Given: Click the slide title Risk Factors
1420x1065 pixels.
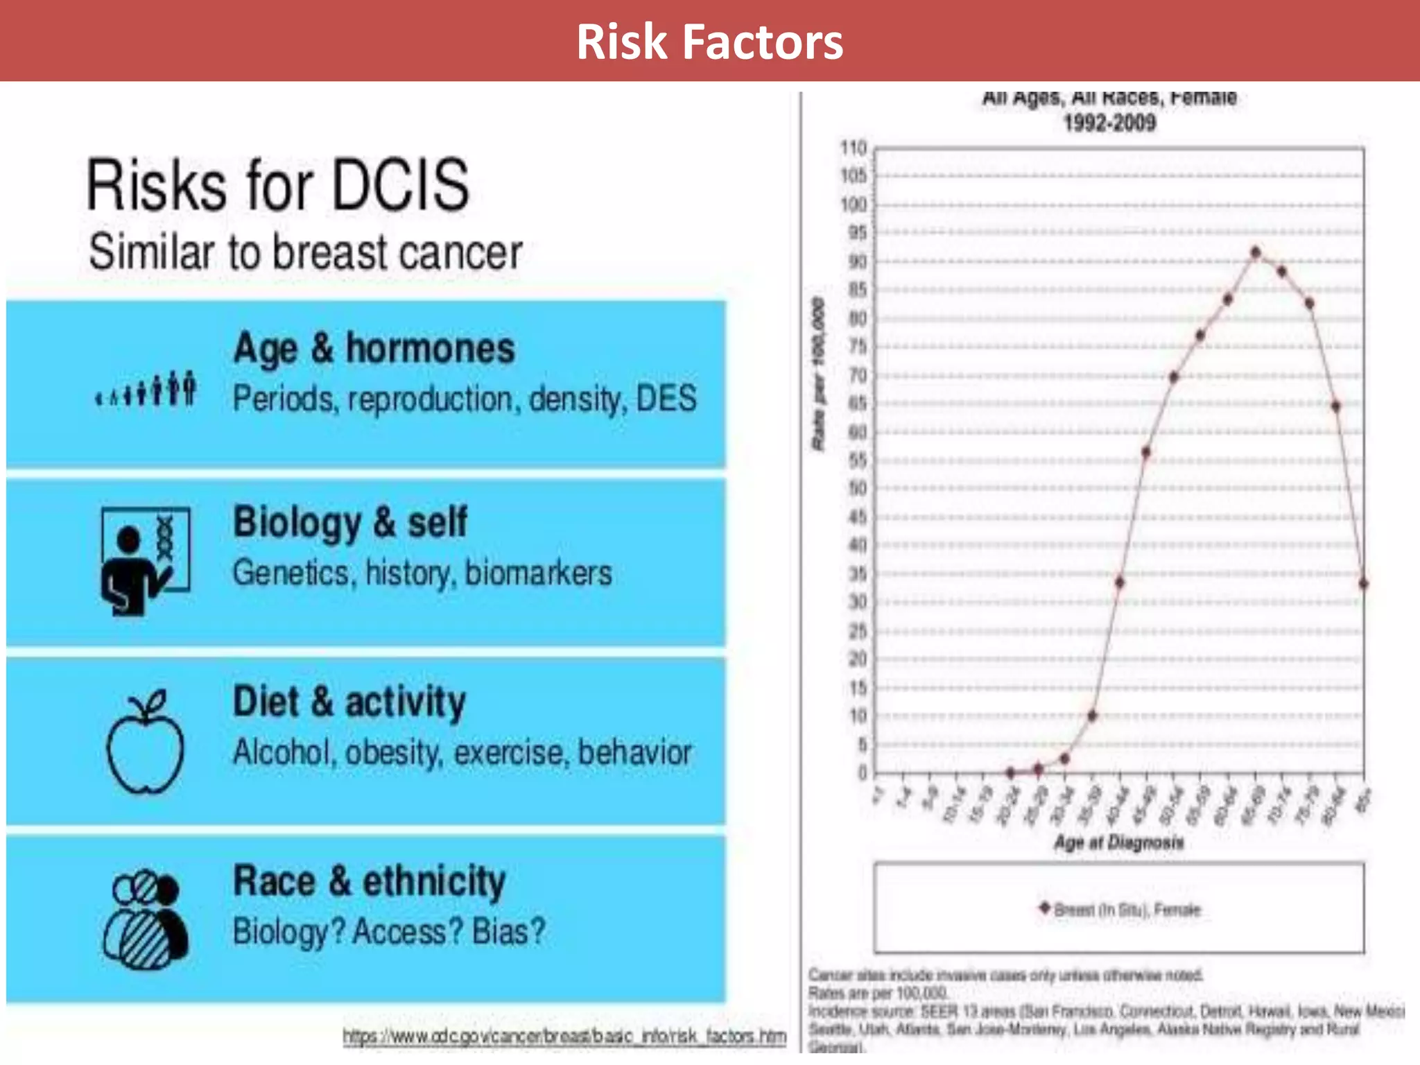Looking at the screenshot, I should pyautogui.click(x=709, y=42).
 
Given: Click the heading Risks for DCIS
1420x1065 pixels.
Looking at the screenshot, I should pyautogui.click(x=277, y=185).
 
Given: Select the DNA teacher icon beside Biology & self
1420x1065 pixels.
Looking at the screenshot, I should pyautogui.click(x=145, y=561).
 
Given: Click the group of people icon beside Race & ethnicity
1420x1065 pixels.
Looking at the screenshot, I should pyautogui.click(x=146, y=919).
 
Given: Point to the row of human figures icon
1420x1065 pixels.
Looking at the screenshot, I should pyautogui.click(x=146, y=389).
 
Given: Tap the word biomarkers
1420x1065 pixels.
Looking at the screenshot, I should pyautogui.click(x=538, y=573).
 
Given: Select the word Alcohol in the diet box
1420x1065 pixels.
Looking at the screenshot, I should pyautogui.click(x=282, y=753).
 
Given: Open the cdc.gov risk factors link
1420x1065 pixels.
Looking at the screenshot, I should pyautogui.click(x=564, y=1037).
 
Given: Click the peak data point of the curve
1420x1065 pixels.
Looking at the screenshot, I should pyautogui.click(x=1256, y=253).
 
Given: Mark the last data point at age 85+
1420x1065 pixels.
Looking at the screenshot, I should pyautogui.click(x=1363, y=584).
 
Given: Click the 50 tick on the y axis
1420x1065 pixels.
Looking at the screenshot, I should pyautogui.click(x=858, y=489).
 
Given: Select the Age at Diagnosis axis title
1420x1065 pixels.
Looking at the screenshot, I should pyautogui.click(x=1118, y=842).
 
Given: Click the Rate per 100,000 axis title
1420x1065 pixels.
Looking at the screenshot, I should pyautogui.click(x=819, y=374).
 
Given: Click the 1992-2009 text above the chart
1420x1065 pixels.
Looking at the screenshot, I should pyautogui.click(x=1109, y=123).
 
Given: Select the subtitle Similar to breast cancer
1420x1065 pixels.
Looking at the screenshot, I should pyautogui.click(x=305, y=252).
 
